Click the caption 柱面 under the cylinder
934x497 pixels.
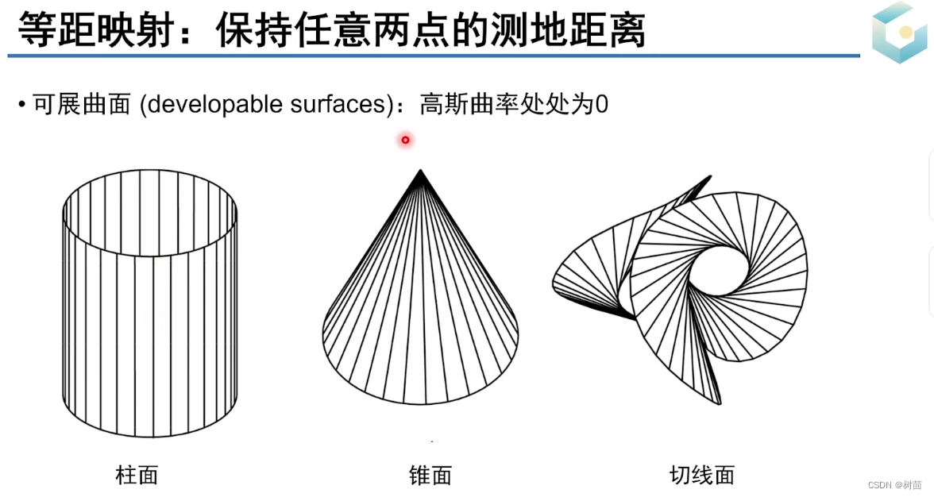tap(137, 476)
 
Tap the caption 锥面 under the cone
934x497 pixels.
tap(430, 476)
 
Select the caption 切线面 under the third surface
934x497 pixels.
tap(701, 476)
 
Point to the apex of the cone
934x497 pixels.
tap(421, 171)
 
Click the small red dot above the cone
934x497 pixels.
tap(405, 141)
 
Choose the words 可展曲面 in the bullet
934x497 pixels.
tap(81, 105)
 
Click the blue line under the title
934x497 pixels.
tap(433, 56)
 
